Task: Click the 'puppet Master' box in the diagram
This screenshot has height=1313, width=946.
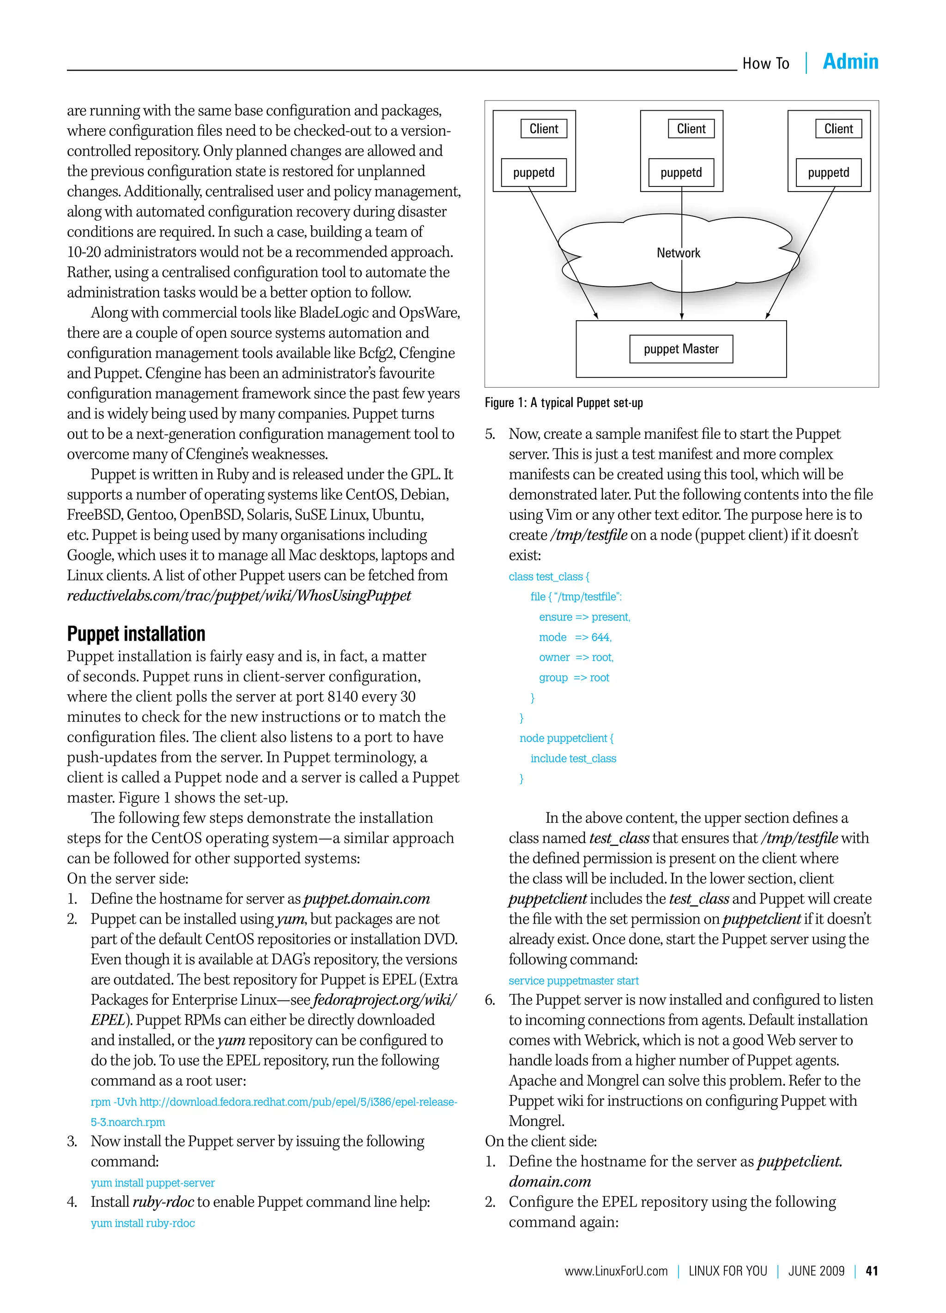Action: (681, 349)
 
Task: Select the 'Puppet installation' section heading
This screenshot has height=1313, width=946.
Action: (136, 634)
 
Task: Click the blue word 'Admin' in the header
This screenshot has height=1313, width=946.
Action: (850, 61)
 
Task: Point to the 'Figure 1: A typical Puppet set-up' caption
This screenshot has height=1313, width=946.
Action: (564, 403)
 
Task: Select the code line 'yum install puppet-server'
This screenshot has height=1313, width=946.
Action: (152, 1183)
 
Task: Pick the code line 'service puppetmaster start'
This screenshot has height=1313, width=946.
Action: (574, 981)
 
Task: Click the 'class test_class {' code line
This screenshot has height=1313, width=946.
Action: (549, 576)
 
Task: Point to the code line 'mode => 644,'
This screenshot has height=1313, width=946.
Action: (575, 637)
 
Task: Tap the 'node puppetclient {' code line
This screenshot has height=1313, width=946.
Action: (566, 738)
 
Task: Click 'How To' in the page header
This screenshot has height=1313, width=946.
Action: (765, 64)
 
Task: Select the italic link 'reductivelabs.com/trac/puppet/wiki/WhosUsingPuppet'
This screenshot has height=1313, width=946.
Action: (239, 596)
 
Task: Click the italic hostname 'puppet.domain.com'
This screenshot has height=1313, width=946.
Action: (367, 899)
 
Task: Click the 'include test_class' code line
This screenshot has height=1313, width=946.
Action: (573, 758)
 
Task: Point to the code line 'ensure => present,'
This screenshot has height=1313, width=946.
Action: (584, 617)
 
